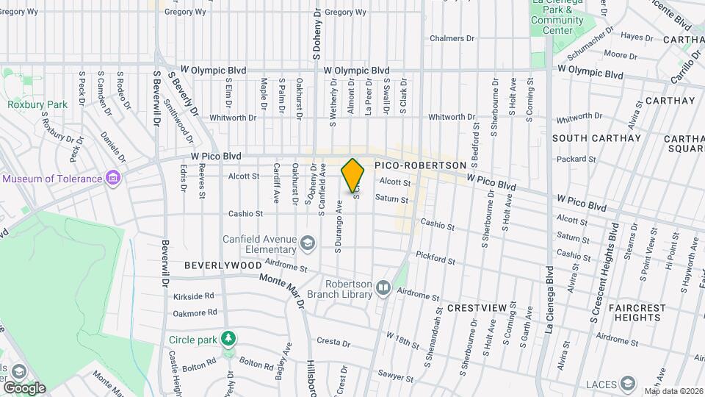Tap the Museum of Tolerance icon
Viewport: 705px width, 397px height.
[112, 179]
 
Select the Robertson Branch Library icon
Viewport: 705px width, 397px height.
[383, 289]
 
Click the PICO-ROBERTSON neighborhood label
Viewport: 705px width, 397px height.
[421, 166]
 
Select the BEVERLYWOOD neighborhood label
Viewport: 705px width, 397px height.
[223, 265]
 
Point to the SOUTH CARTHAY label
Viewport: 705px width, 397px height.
[596, 138]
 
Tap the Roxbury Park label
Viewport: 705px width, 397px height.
[37, 104]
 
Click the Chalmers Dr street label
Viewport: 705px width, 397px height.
[452, 38]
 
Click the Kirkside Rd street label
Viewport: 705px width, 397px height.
[194, 296]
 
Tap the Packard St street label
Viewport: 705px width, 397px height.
[576, 159]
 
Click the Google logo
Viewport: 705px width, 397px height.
[23, 387]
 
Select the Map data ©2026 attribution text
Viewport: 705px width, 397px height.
[673, 391]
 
